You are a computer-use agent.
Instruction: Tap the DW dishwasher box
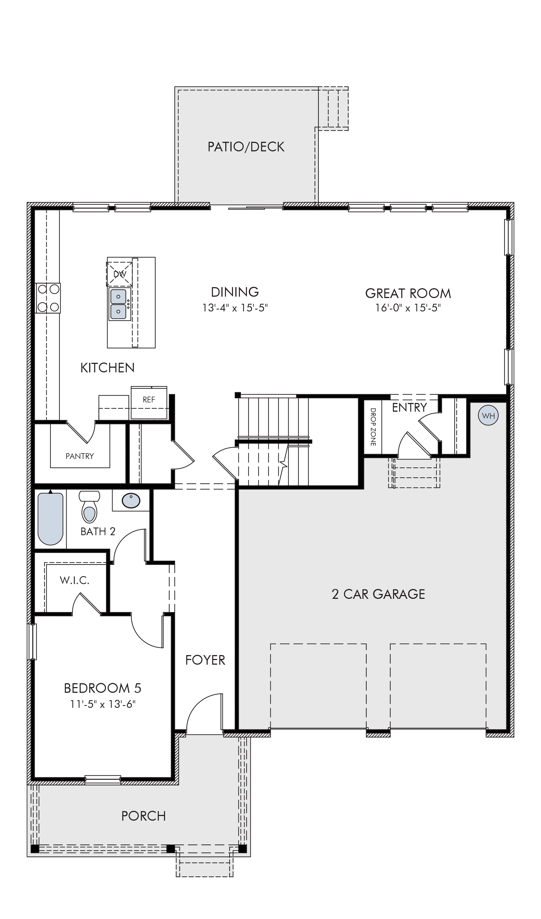tap(119, 274)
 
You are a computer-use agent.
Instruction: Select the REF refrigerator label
tap(149, 400)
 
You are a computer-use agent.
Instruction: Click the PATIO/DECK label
tap(246, 147)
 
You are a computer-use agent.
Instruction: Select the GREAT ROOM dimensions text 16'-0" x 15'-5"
tap(408, 308)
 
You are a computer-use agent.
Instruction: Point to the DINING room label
tap(235, 292)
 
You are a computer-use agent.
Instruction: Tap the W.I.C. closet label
tap(74, 580)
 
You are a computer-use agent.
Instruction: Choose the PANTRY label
tap(80, 456)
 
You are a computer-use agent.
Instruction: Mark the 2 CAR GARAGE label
tap(378, 594)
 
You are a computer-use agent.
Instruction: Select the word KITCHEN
tap(107, 368)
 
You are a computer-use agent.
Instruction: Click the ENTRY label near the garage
tap(409, 408)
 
